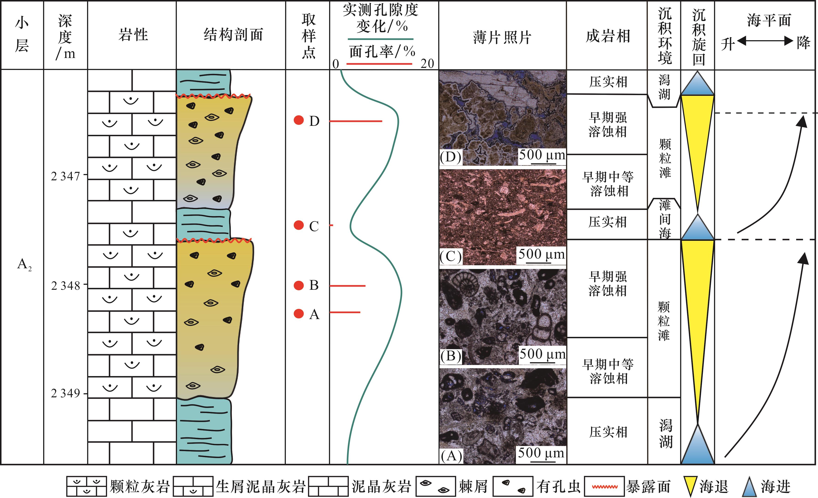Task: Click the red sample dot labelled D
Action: pyautogui.click(x=299, y=120)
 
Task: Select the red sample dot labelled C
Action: pyautogui.click(x=299, y=225)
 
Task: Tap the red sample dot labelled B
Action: pyautogui.click(x=299, y=285)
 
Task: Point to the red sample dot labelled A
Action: pyautogui.click(x=299, y=313)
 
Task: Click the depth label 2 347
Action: pyautogui.click(x=65, y=176)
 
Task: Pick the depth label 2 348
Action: pyautogui.click(x=65, y=286)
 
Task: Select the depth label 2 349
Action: pyautogui.click(x=65, y=393)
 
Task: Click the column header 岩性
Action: pyautogui.click(x=133, y=35)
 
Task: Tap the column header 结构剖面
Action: pyautogui.click(x=233, y=35)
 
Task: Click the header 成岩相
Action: pyautogui.click(x=608, y=36)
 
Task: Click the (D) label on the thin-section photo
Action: pyautogui.click(x=450, y=157)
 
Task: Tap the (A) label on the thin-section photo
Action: pyautogui.click(x=451, y=456)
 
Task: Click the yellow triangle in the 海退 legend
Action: pyautogui.click(x=690, y=486)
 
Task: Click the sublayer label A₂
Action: pyautogui.click(x=24, y=265)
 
